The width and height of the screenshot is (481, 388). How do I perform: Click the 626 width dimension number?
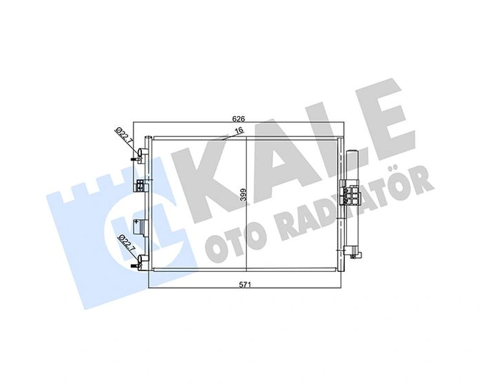click(x=239, y=119)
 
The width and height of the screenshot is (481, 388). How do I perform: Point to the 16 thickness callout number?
click(x=239, y=130)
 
